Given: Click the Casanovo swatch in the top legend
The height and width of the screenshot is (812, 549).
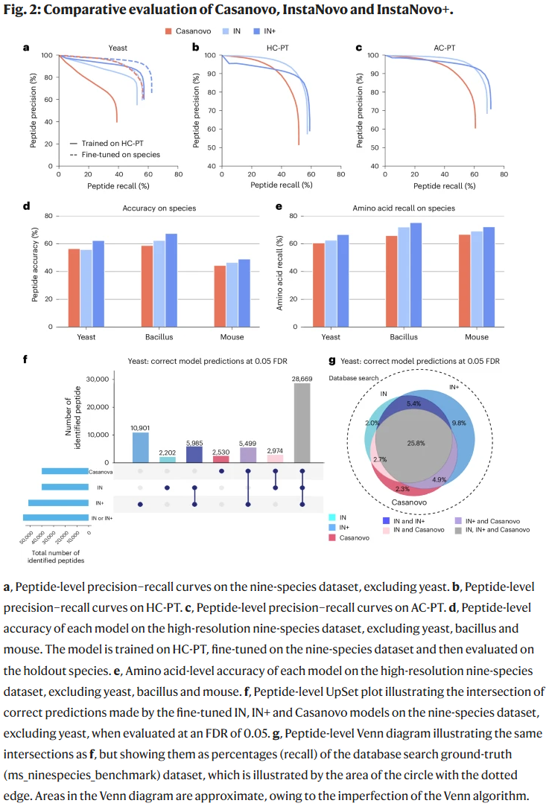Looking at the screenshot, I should pos(171,31).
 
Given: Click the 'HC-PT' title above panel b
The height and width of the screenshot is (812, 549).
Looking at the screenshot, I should pos(279,48).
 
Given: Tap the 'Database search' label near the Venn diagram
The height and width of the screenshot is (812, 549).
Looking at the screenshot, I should pos(355,378).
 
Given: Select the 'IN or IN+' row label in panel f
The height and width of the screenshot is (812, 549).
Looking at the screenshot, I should pos(101,517).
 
